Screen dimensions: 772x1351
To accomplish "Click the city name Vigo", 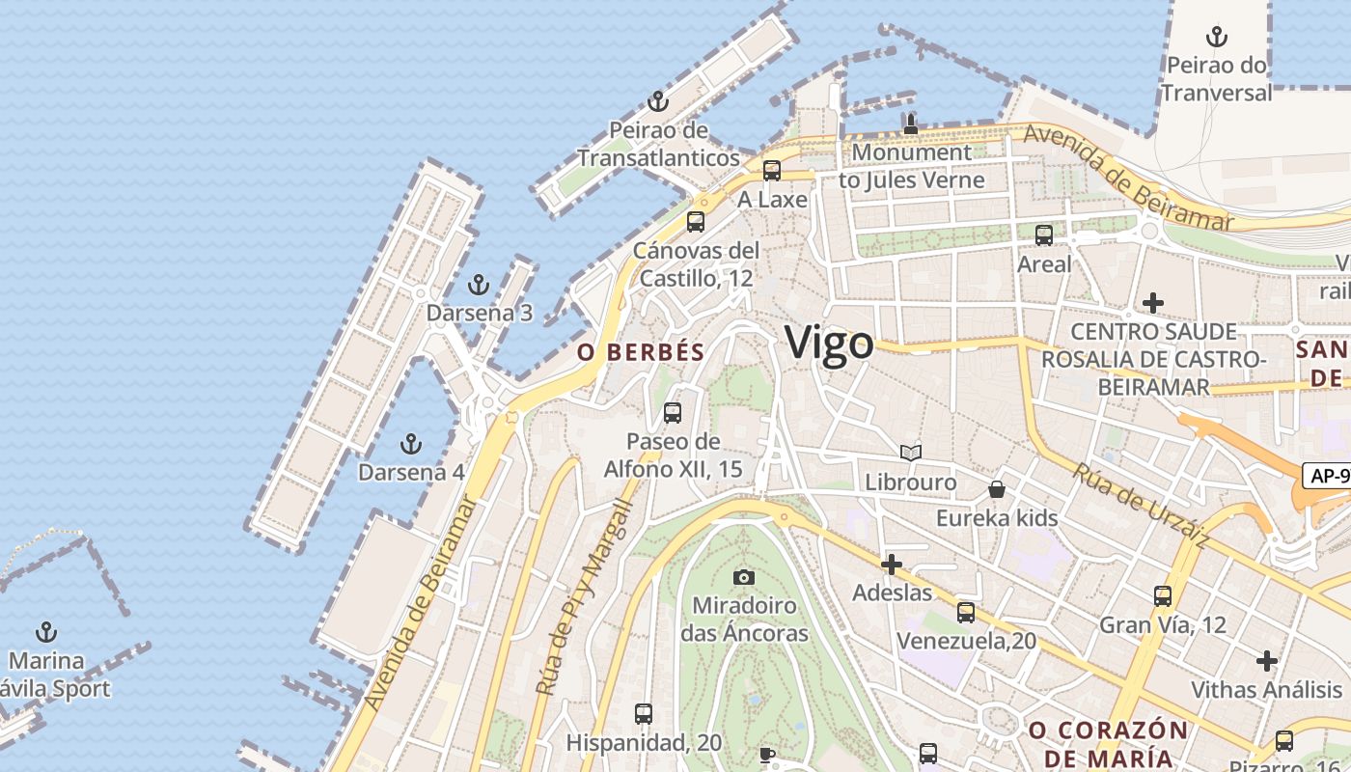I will (x=829, y=343).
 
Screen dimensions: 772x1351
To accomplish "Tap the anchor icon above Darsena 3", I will (x=478, y=286).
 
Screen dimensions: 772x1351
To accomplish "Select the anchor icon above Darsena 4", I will (x=411, y=445).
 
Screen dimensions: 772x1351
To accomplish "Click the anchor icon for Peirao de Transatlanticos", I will (x=657, y=102).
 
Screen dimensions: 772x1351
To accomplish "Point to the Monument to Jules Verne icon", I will (x=910, y=124).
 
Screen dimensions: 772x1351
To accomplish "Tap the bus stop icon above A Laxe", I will (x=771, y=172).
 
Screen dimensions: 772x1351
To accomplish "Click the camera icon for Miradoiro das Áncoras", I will (x=743, y=577).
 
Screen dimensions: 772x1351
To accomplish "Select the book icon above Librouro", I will (x=910, y=453).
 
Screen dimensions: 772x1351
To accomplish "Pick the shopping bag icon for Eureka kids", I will (x=997, y=489).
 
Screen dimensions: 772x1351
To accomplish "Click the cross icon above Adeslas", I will (x=892, y=564).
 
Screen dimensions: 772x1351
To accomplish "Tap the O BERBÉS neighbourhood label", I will (x=641, y=352).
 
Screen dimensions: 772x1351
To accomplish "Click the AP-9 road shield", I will (x=1328, y=475).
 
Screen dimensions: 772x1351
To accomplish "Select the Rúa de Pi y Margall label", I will (x=583, y=597).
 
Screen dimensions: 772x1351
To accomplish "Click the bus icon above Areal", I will (x=1043, y=235).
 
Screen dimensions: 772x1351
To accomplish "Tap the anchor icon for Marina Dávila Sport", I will (x=45, y=633).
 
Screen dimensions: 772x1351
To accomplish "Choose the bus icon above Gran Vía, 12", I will (x=1163, y=596).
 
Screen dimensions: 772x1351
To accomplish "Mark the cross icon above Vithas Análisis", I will (x=1266, y=661).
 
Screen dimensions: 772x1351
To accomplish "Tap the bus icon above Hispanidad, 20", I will (x=644, y=715).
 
